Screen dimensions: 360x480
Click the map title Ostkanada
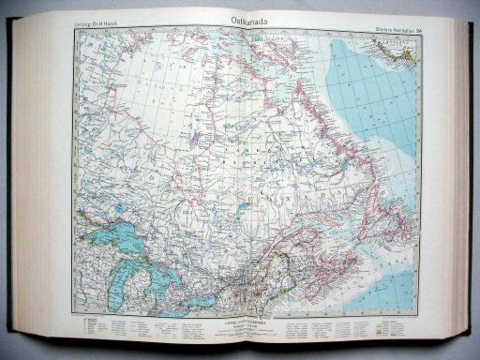point(247,18)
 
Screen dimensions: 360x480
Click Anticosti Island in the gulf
point(337,221)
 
